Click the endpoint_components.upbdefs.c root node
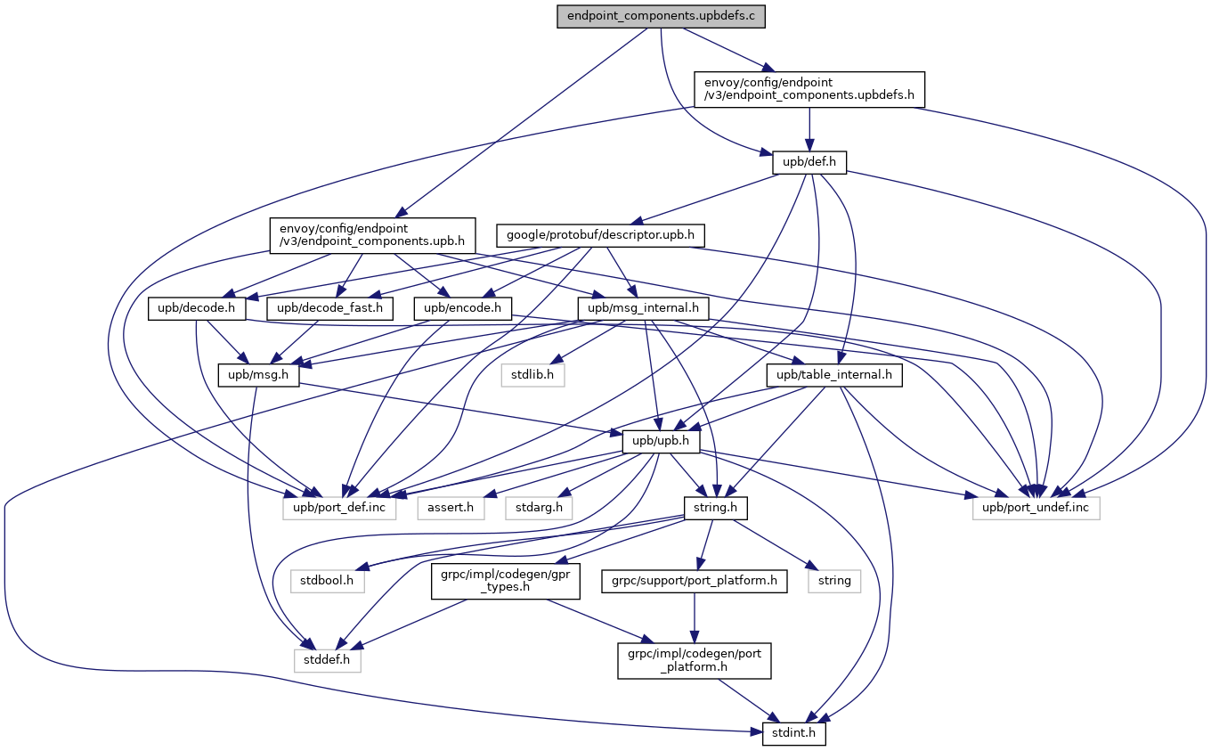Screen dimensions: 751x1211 [x=662, y=16]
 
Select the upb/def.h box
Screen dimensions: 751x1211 [x=809, y=162]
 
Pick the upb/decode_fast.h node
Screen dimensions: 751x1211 [x=329, y=309]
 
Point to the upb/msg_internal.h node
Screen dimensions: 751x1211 [x=643, y=309]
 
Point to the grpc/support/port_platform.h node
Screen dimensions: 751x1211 [x=695, y=581]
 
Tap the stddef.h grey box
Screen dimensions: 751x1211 [x=327, y=661]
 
